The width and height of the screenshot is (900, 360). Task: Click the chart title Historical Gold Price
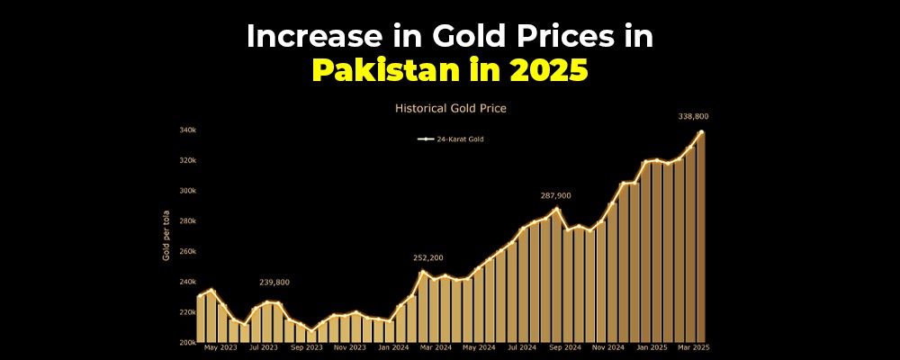tap(450, 108)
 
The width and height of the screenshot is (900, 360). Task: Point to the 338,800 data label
tap(695, 116)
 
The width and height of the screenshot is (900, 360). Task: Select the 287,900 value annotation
tap(555, 195)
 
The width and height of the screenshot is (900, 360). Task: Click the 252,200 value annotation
tap(427, 258)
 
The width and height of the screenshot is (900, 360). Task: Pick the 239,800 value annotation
tap(274, 282)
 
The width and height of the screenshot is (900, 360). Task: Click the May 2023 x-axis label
tap(220, 347)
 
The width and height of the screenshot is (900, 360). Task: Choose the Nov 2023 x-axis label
tap(350, 347)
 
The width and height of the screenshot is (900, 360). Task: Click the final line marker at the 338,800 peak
tap(701, 132)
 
